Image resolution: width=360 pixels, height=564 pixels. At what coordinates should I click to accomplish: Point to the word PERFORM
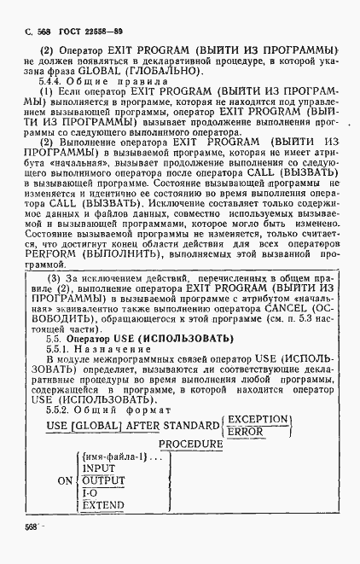point(56,255)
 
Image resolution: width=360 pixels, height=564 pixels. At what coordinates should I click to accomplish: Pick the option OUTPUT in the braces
point(104,481)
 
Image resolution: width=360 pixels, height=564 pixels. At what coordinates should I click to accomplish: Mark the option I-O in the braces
point(90,494)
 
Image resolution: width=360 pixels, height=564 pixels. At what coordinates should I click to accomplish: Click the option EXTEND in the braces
point(103,506)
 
